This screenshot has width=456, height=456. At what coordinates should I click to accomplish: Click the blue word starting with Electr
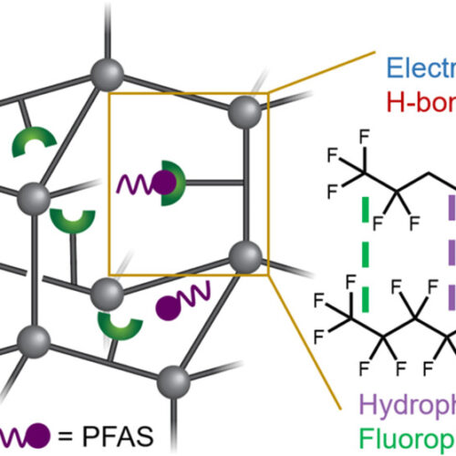420,67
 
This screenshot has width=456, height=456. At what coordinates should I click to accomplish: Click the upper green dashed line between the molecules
368,208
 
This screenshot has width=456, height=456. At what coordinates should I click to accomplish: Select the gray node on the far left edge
34,195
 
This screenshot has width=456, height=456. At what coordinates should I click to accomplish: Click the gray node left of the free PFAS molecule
109,295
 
